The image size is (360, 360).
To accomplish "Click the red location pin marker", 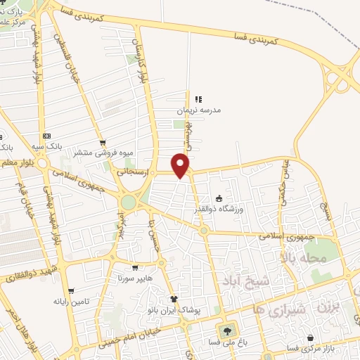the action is click(x=181, y=165).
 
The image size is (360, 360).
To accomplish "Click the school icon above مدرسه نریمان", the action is click(x=198, y=99).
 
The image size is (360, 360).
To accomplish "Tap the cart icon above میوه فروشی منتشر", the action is click(x=103, y=142).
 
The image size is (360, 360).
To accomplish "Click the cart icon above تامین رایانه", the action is click(x=70, y=291).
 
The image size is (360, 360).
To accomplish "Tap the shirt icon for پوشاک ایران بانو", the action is click(x=174, y=299).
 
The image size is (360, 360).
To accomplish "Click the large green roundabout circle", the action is click(x=128, y=202).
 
